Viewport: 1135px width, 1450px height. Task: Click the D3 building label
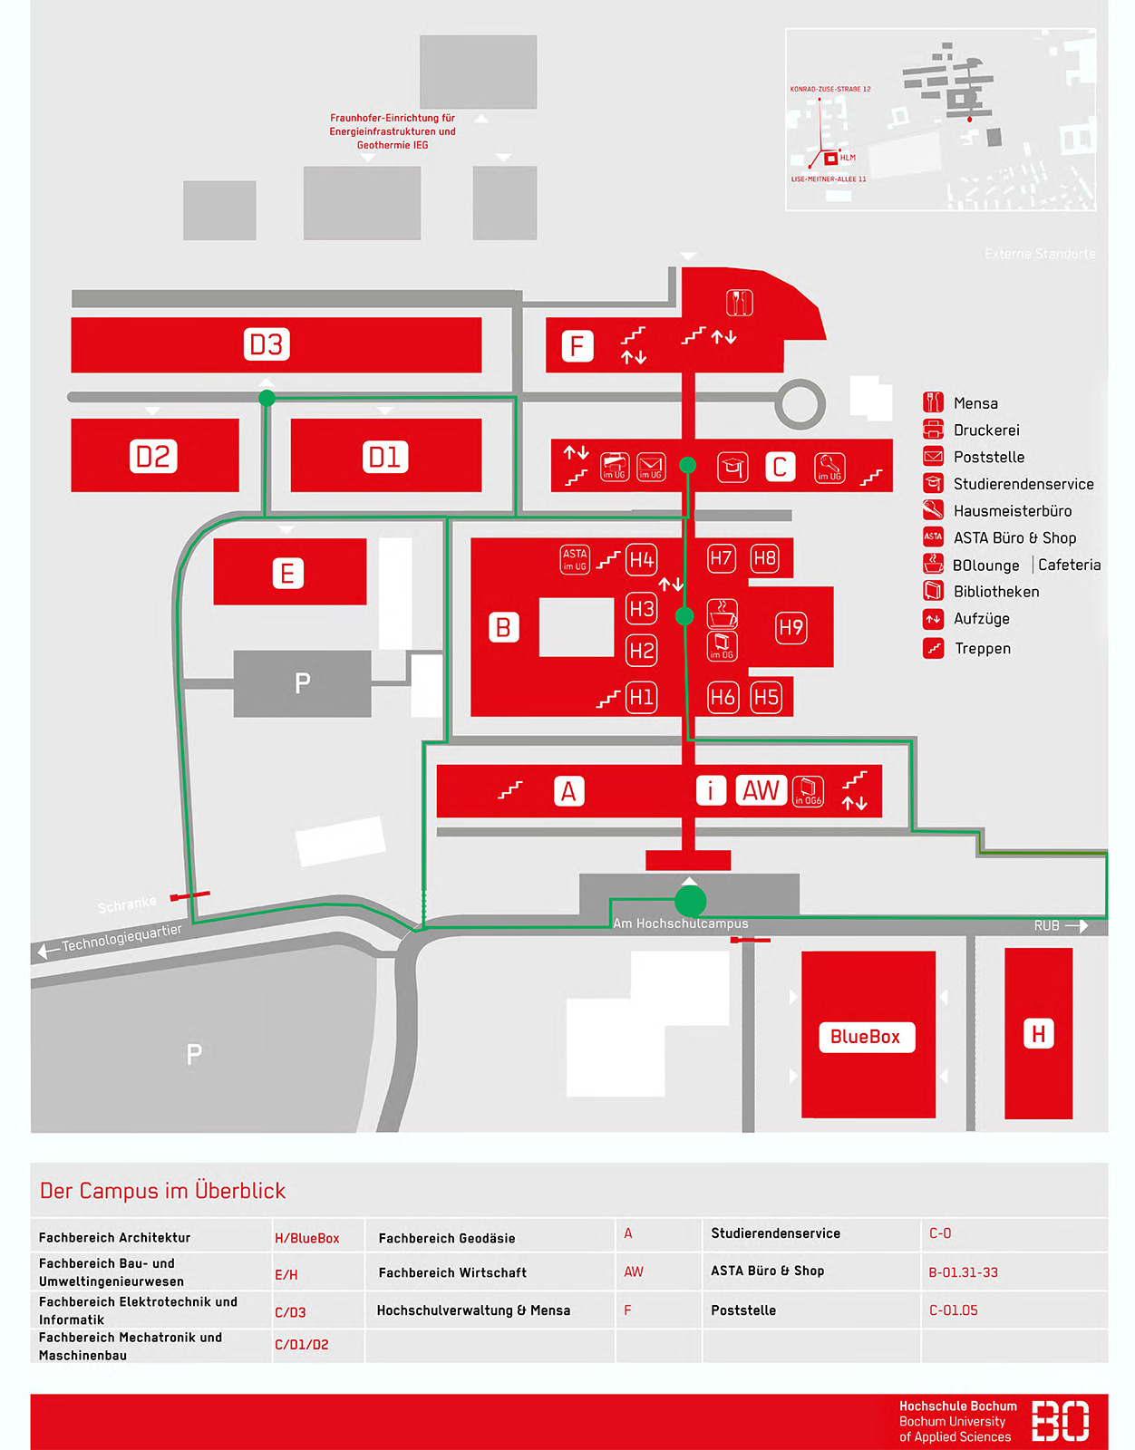(267, 344)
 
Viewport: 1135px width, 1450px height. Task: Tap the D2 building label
(152, 456)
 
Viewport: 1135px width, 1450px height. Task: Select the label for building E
(287, 573)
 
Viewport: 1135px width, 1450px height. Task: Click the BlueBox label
(866, 1037)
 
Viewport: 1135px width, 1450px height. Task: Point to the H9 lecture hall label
(791, 627)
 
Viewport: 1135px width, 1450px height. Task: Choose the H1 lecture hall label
(642, 697)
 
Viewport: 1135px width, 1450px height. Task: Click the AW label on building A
(761, 790)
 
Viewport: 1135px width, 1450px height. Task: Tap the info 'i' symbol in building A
(711, 790)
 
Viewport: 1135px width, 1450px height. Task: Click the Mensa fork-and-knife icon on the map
(739, 302)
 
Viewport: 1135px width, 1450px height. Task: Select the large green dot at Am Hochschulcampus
(690, 901)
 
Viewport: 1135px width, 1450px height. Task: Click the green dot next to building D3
(267, 398)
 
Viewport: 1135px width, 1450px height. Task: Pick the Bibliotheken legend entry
(995, 592)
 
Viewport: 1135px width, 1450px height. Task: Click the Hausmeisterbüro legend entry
(1012, 511)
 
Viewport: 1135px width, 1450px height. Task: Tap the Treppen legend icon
(933, 648)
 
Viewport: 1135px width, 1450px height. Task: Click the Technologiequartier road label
(121, 938)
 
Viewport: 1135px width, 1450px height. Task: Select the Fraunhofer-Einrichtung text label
(393, 131)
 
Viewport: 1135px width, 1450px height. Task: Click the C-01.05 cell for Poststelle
(953, 1310)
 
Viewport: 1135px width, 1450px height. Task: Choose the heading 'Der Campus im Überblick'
(163, 1191)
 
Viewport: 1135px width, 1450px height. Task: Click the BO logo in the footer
(1060, 1420)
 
